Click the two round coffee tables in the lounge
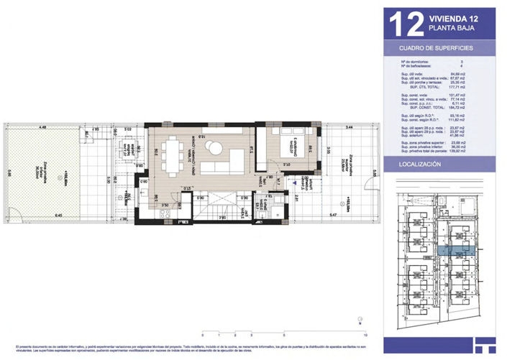coord(214,148)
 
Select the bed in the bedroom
coord(276,149)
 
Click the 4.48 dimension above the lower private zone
coord(43,127)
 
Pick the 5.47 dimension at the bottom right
coord(332,216)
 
